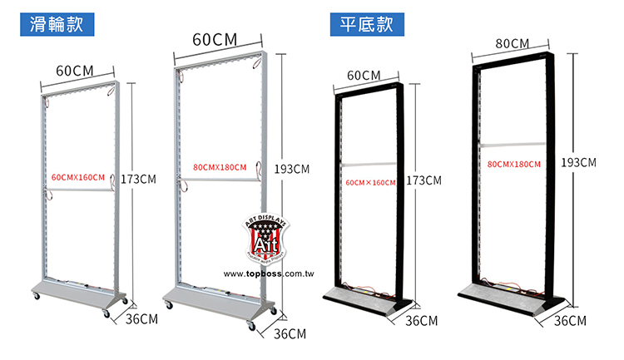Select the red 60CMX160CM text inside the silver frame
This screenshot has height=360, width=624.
78,178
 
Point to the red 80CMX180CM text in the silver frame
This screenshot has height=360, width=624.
219,168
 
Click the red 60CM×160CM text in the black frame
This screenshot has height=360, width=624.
370,181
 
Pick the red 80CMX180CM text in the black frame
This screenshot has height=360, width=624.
514,165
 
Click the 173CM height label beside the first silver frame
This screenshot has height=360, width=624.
139,179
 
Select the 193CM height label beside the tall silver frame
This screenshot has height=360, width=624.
292,169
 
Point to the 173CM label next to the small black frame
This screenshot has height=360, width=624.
423,180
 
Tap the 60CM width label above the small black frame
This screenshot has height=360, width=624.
364,76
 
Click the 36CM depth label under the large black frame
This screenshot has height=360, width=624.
570,321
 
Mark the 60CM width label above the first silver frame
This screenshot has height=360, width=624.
75,70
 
